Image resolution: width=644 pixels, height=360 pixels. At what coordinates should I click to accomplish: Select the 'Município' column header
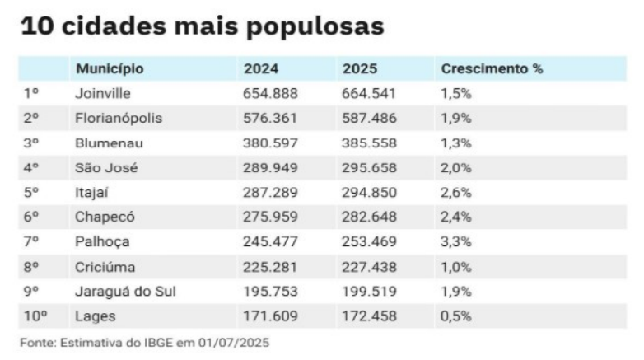[109, 68]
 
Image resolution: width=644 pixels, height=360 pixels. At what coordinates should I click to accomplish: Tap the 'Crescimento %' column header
[492, 68]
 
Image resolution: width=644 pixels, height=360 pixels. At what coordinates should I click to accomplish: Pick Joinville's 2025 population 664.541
[369, 93]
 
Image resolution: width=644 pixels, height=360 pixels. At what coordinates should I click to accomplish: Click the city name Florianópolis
[118, 118]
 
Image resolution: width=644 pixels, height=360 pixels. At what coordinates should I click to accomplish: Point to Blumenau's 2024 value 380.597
[270, 143]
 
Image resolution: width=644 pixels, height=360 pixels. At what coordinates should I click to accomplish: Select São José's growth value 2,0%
[455, 167]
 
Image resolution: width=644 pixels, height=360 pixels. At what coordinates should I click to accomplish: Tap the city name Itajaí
[91, 192]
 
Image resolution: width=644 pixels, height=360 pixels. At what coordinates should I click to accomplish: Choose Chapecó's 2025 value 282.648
[369, 217]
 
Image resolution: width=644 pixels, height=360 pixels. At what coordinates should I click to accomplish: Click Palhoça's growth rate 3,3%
[455, 241]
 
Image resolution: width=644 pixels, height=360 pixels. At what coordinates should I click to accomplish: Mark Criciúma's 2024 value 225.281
[270, 266]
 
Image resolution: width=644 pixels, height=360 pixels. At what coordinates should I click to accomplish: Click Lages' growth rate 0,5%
[455, 316]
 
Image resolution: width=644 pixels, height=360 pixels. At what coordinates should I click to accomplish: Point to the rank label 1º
[31, 93]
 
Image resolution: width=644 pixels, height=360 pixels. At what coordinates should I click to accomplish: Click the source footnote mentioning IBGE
[144, 341]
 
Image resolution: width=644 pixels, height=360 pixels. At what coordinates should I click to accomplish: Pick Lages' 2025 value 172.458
[369, 316]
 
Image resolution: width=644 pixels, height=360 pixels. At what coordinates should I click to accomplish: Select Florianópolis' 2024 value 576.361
[270, 118]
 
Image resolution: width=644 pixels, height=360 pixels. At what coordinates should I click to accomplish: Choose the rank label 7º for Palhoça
[31, 241]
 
